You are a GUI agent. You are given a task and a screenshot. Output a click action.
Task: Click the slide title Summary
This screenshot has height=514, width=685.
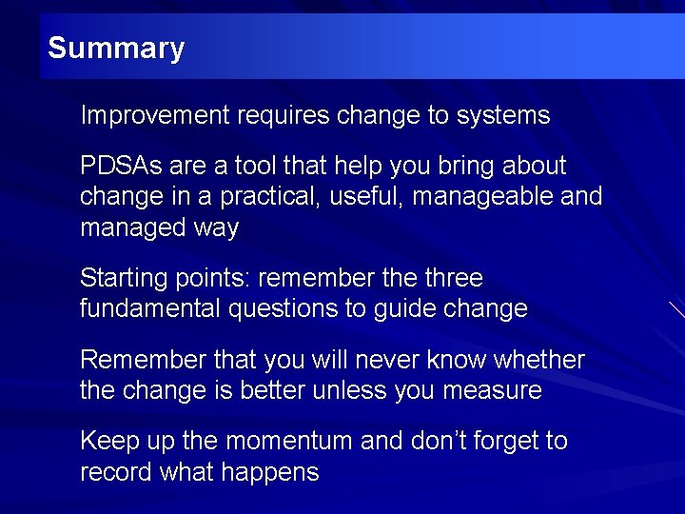pos(115,48)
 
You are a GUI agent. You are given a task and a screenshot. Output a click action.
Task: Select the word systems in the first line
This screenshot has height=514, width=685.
pos(503,116)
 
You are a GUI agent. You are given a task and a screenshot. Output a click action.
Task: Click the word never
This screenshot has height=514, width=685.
pos(374,360)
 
